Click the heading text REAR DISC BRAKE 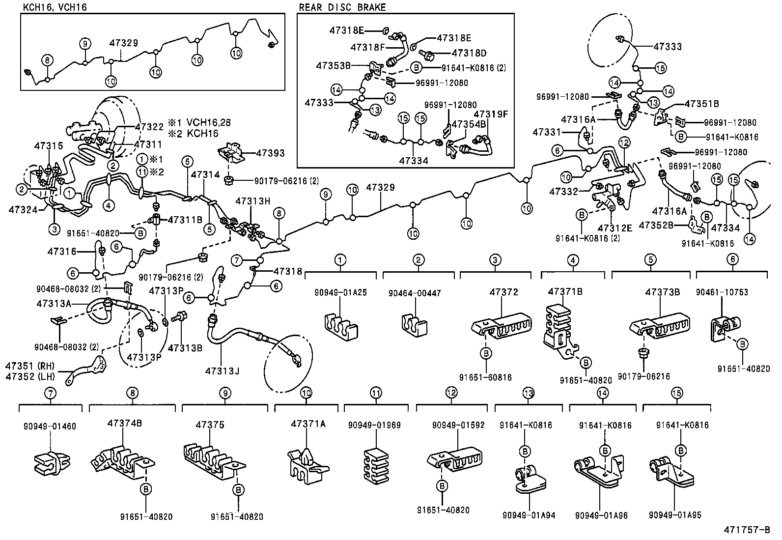[342, 7]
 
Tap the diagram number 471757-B [746, 530]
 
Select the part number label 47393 [271, 154]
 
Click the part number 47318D [469, 53]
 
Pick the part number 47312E [614, 228]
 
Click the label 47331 [547, 133]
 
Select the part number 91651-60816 [485, 377]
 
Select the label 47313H [252, 201]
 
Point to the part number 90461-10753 [722, 292]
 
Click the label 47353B [333, 65]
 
